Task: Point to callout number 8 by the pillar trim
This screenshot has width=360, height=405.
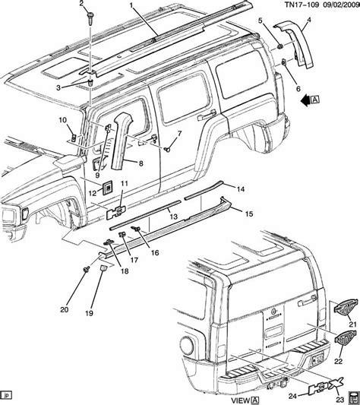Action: pos(141,163)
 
